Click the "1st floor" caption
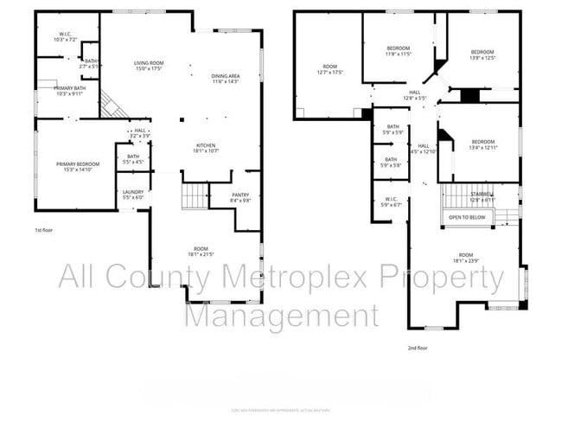pos(45,231)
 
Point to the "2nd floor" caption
pos(418,348)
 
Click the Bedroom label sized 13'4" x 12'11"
pos(483,144)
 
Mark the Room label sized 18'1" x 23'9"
pos(466,258)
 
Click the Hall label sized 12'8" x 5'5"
pos(414,96)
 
